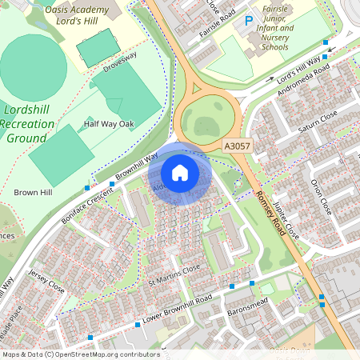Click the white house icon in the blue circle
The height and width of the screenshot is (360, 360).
[180, 172]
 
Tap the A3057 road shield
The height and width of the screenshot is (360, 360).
[237, 146]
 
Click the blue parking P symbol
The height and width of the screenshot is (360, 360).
[248, 19]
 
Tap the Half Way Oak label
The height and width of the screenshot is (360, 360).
[109, 124]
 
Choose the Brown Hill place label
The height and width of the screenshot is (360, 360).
[32, 193]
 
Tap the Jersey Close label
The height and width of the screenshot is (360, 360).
[46, 279]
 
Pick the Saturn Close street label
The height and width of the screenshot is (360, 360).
[318, 120]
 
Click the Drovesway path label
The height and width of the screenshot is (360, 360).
[120, 62]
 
